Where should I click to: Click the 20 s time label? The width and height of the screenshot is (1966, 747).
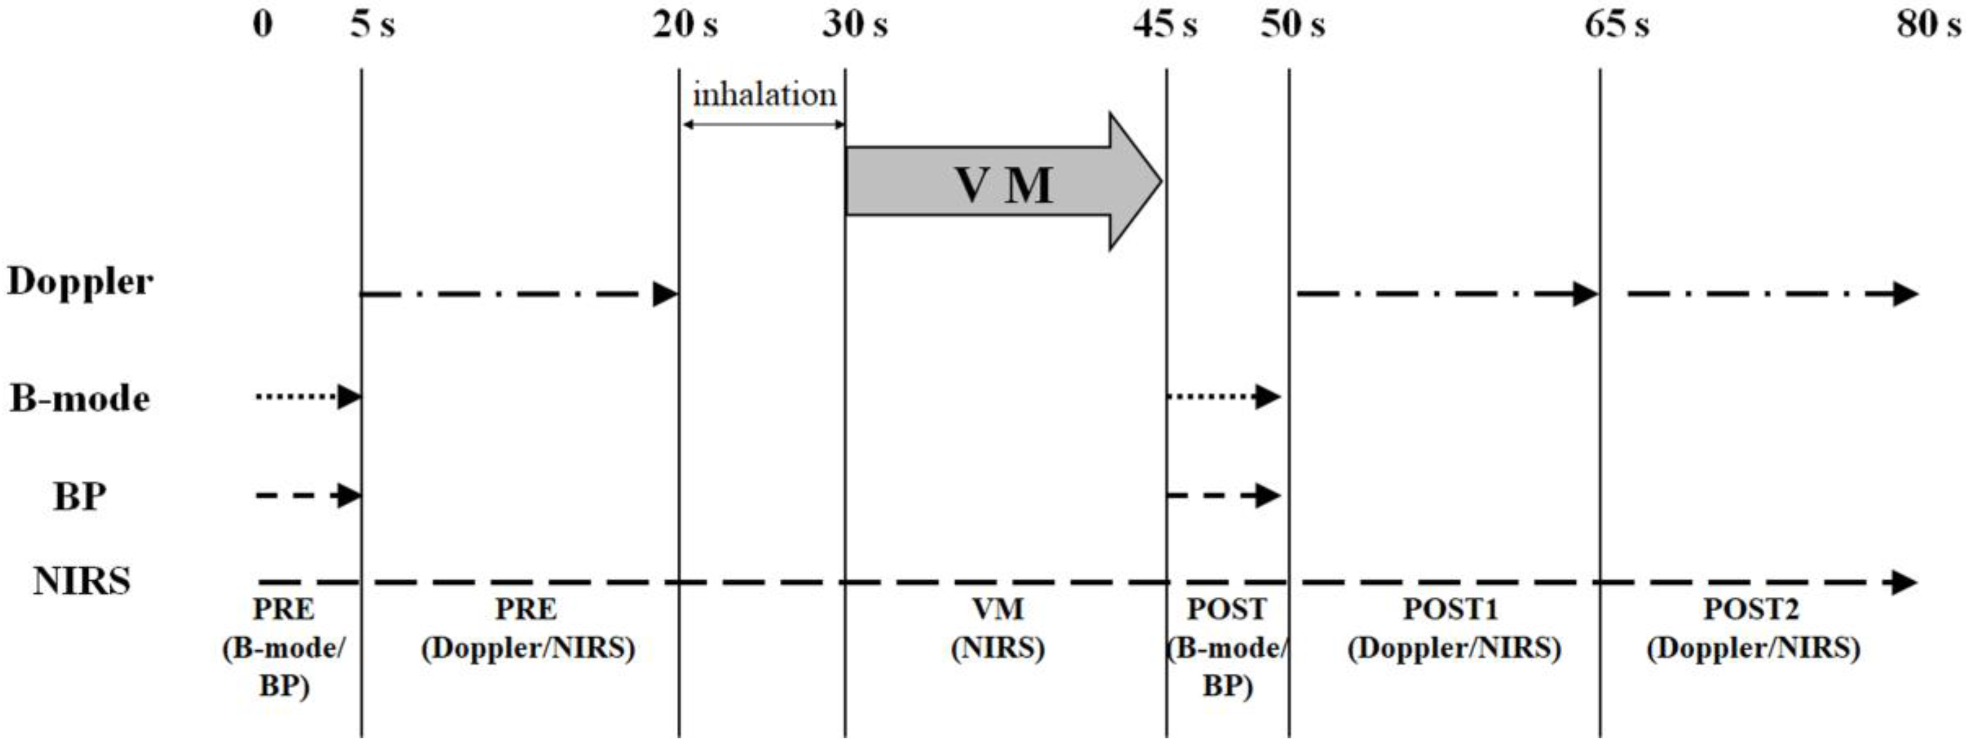(685, 25)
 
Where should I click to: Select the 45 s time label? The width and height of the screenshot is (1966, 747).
(1164, 25)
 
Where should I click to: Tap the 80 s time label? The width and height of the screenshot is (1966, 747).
(1928, 25)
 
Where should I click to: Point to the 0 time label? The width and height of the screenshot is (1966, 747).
(262, 25)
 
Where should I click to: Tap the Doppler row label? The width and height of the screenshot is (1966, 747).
(80, 283)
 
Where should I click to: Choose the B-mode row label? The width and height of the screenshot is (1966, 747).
(80, 398)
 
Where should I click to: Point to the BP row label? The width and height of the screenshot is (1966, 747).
(80, 497)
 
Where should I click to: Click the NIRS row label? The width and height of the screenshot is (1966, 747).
(82, 581)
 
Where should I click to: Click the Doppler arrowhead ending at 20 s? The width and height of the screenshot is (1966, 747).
(665, 294)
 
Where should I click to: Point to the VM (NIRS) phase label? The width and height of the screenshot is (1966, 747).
(998, 629)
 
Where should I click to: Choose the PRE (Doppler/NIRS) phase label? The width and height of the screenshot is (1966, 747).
(528, 629)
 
